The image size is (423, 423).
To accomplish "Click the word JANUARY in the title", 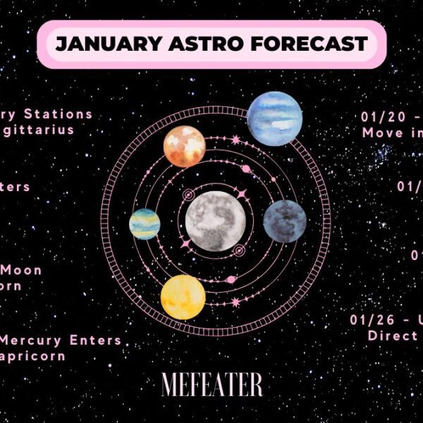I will point(99,44).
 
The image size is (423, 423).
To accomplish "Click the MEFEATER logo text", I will point(211,385).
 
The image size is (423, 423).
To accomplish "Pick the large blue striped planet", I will point(274,118).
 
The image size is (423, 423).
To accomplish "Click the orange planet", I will point(184,147).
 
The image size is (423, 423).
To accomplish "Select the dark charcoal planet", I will point(285,221).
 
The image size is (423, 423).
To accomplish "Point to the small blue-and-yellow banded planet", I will point(145,224).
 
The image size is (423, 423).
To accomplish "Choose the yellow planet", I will point(183,297).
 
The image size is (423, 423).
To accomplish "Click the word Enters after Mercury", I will point(94,341).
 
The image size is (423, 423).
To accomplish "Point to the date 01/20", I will point(381,116).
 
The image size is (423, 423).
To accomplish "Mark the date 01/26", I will point(371,319).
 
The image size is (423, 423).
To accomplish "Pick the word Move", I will point(381,133).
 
